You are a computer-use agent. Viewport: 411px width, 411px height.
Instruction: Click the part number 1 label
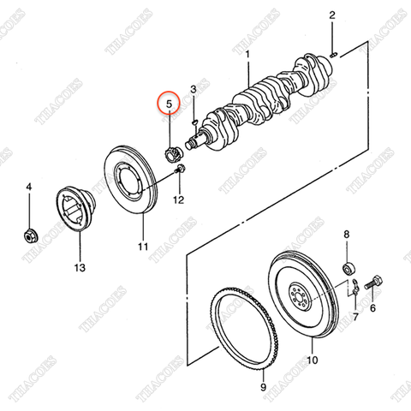click(247, 54)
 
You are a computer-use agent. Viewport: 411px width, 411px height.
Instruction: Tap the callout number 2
click(332, 15)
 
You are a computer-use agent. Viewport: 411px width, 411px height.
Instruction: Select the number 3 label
click(194, 89)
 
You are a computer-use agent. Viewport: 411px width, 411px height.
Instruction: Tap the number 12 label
click(178, 200)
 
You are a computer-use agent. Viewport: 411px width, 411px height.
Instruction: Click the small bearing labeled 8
click(348, 267)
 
